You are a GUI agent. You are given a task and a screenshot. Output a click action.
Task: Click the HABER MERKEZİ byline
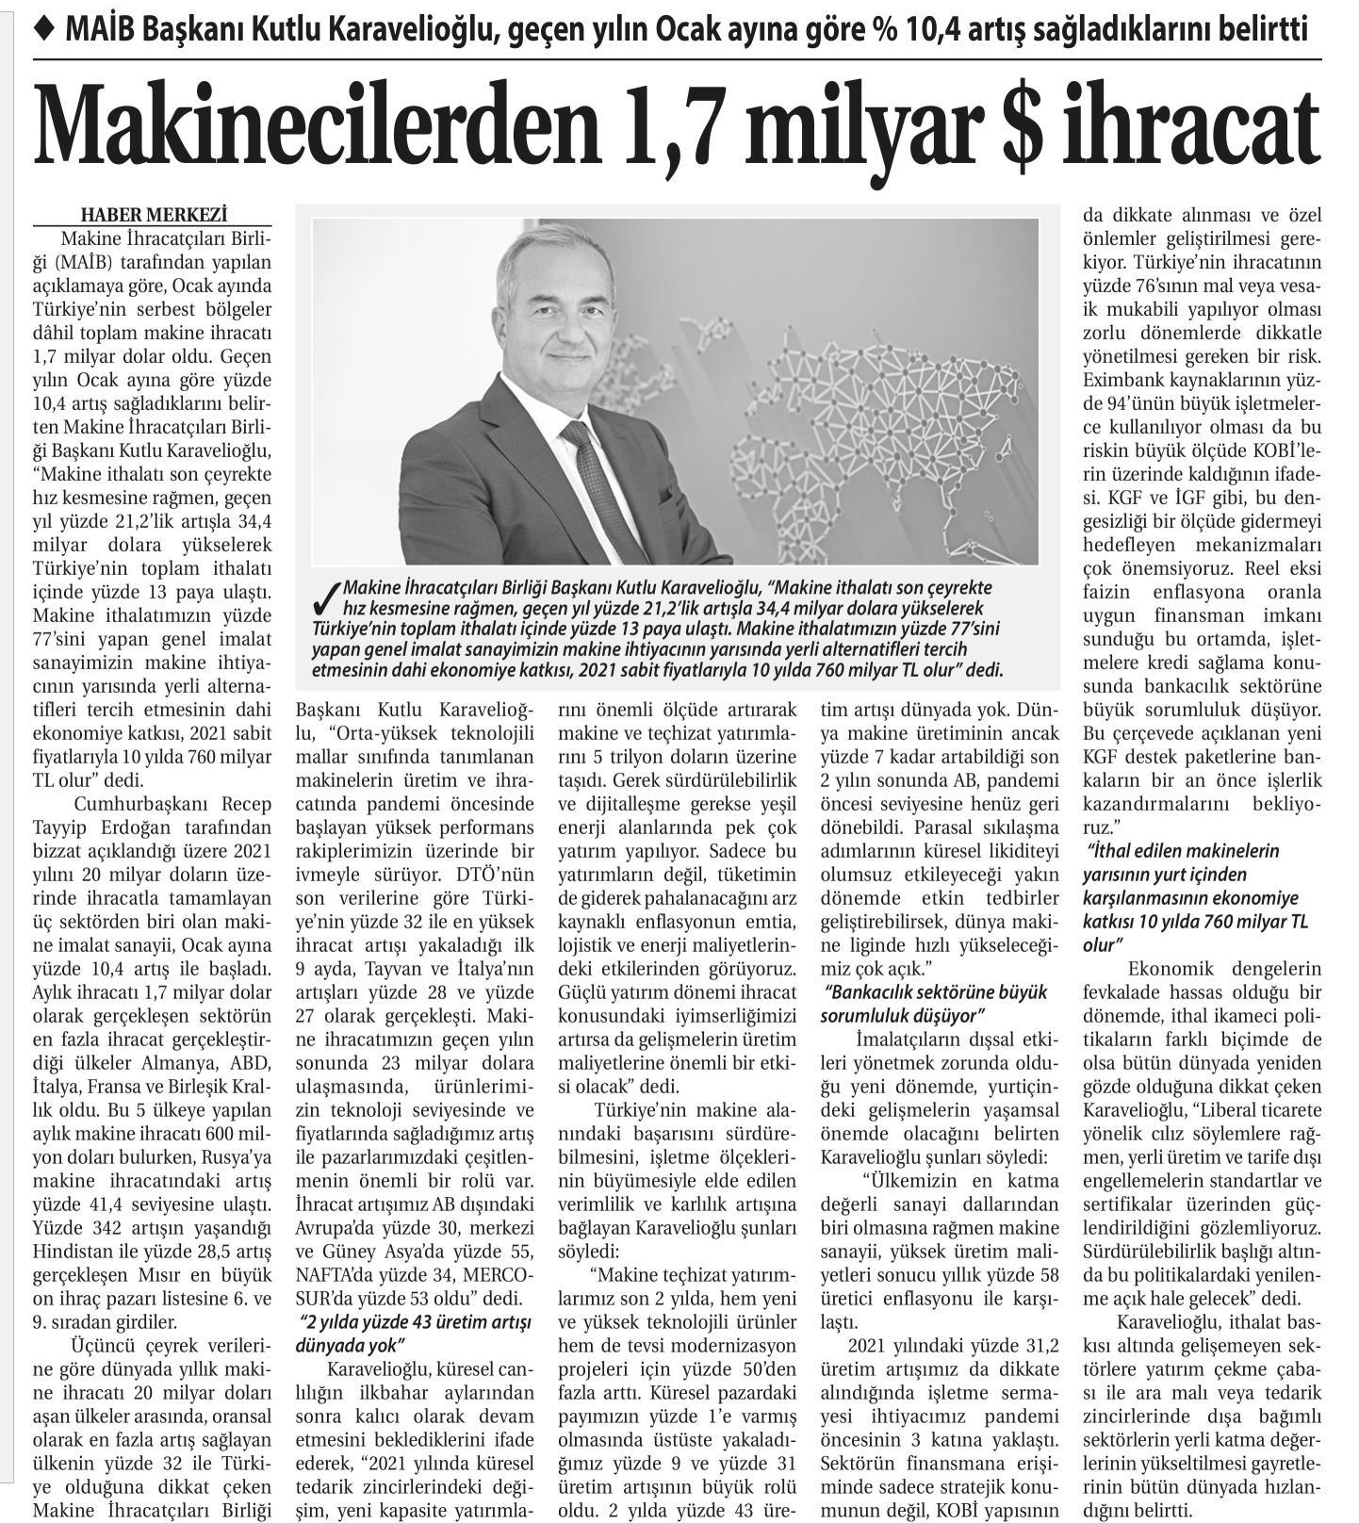154,214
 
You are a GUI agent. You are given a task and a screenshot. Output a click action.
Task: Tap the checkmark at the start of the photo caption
329,596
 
